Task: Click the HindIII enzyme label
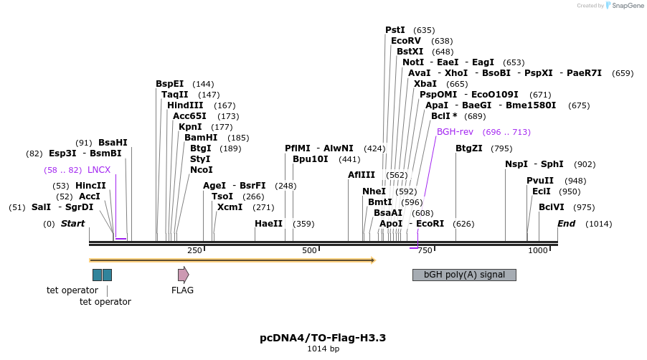185,105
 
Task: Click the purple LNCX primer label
99,170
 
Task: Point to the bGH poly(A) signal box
464,275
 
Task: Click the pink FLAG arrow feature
184,275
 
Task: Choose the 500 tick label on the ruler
309,250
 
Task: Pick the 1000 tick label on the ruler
538,250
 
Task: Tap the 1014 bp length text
323,349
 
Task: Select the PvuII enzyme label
540,181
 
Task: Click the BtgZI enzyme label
470,148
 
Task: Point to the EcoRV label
406,41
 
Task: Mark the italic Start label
72,224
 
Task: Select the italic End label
567,224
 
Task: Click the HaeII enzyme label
269,224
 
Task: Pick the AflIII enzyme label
362,175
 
